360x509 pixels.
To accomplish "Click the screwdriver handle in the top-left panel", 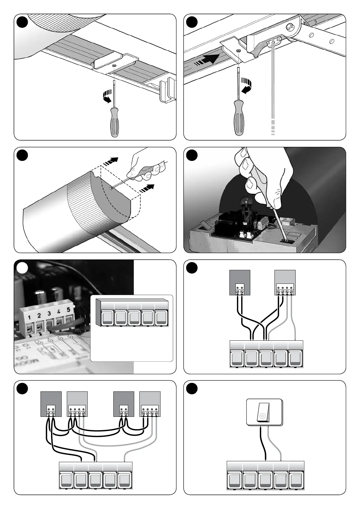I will (114, 121).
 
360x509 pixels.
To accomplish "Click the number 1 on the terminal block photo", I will (29, 317).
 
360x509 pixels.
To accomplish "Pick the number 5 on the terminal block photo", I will (68, 309).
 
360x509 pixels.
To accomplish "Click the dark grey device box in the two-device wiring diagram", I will (240, 282).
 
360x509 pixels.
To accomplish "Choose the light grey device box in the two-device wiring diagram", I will (285, 282).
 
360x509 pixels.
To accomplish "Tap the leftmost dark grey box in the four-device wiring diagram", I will (51, 404).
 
